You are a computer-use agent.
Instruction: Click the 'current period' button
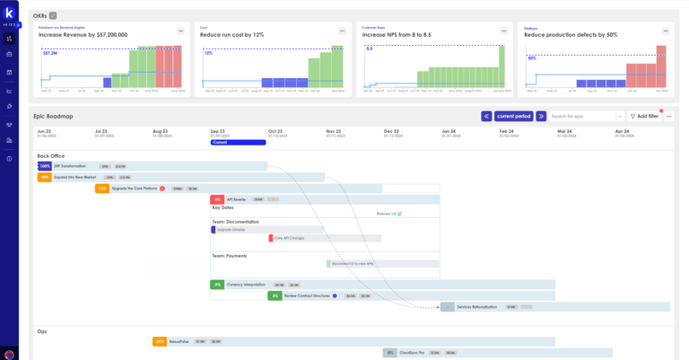click(513, 116)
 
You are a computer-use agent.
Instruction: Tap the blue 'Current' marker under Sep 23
click(238, 142)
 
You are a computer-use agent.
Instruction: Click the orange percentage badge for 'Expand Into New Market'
click(44, 178)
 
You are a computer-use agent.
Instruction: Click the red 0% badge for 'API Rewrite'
click(216, 199)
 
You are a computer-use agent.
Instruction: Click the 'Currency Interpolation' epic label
click(246, 284)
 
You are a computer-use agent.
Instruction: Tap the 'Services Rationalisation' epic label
click(477, 307)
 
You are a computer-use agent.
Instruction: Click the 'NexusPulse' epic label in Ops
click(179, 341)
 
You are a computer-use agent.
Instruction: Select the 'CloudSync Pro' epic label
click(413, 353)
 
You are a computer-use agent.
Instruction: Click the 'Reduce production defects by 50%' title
click(571, 34)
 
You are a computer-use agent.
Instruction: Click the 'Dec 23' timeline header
click(392, 131)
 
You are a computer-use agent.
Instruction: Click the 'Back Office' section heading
click(51, 156)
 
